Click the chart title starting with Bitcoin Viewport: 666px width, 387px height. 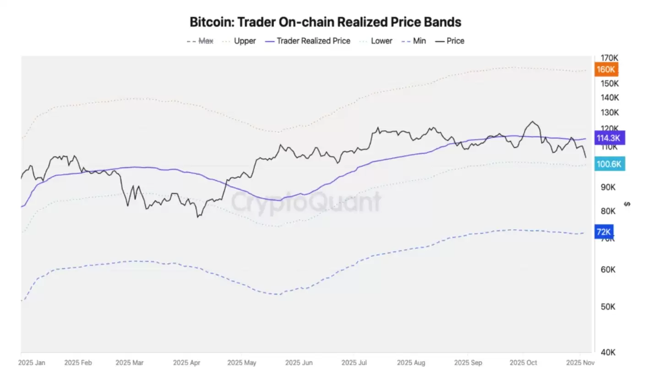[325, 22]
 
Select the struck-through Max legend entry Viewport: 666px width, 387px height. [200, 41]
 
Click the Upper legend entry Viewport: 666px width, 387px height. [239, 41]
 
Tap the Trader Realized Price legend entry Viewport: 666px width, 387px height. [308, 41]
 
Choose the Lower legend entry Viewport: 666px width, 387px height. [377, 41]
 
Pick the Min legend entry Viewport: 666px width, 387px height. [414, 41]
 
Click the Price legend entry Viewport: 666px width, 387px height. [450, 41]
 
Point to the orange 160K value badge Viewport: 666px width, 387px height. [606, 69]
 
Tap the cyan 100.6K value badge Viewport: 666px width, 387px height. [609, 164]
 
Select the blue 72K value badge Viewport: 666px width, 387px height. [603, 232]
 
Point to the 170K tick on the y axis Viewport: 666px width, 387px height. [609, 58]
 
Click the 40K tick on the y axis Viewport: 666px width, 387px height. [608, 352]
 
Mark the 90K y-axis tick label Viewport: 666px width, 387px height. [608, 187]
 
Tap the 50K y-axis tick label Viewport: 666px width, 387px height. [608, 307]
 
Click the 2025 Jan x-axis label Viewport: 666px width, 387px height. [32, 363]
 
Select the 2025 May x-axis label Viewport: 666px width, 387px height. [241, 363]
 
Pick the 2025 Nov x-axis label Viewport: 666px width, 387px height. [580, 363]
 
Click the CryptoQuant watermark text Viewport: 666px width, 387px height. [306, 202]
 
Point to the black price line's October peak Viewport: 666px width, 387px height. [532, 122]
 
